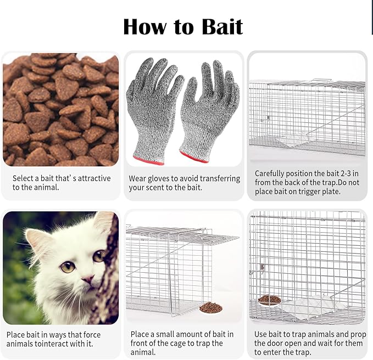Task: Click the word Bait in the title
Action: point(222,26)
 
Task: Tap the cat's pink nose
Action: point(88,278)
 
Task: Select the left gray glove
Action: point(152,109)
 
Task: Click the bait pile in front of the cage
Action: point(211,307)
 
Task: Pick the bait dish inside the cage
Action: point(270,300)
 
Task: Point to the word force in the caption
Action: point(92,335)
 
